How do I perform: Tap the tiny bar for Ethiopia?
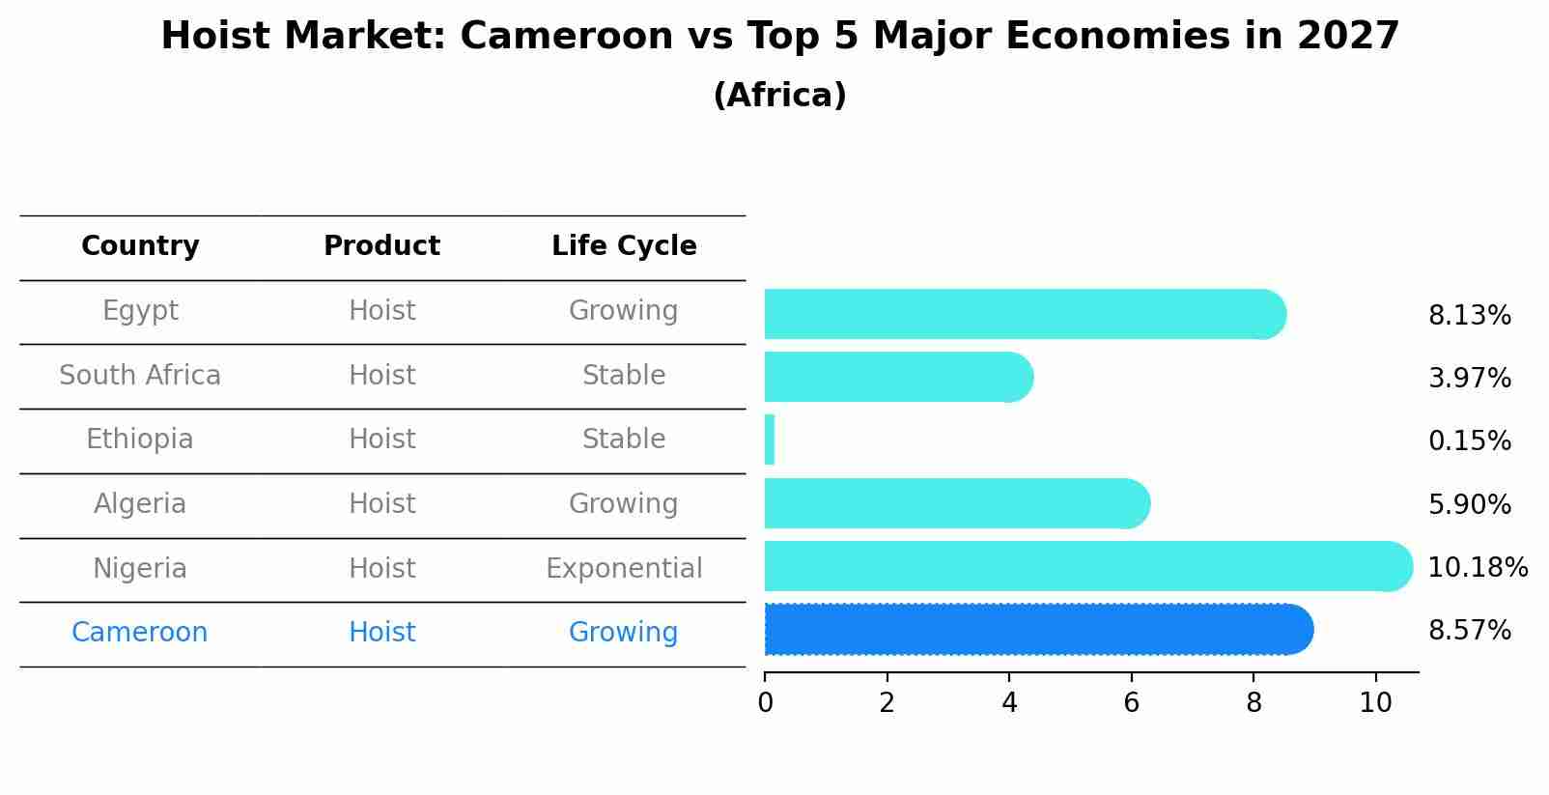point(770,440)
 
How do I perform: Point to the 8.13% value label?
point(1469,316)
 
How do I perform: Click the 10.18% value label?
point(1477,567)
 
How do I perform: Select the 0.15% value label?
point(1469,441)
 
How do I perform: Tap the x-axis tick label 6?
point(1131,703)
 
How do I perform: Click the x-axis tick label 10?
point(1375,703)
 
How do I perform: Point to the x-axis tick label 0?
point(765,703)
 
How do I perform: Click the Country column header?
point(140,246)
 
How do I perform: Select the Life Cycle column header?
point(624,246)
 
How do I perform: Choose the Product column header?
point(381,246)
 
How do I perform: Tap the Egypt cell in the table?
point(140,311)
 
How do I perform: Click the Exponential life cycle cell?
point(624,568)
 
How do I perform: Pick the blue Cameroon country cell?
point(140,633)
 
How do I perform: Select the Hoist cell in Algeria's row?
point(381,504)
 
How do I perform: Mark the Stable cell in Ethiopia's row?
point(624,440)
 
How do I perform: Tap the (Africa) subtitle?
point(779,96)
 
